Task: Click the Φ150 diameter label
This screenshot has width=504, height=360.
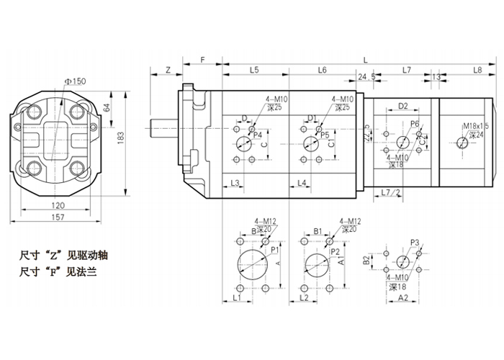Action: [74, 81]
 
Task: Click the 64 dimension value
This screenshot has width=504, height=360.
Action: [107, 107]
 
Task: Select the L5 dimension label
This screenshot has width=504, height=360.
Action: [255, 70]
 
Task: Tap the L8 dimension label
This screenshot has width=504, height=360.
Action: [476, 70]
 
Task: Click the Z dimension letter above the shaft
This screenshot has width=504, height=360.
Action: [166, 70]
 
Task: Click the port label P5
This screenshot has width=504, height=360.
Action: [325, 134]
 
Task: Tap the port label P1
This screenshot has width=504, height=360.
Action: [274, 248]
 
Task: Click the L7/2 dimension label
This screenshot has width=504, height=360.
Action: [390, 192]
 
